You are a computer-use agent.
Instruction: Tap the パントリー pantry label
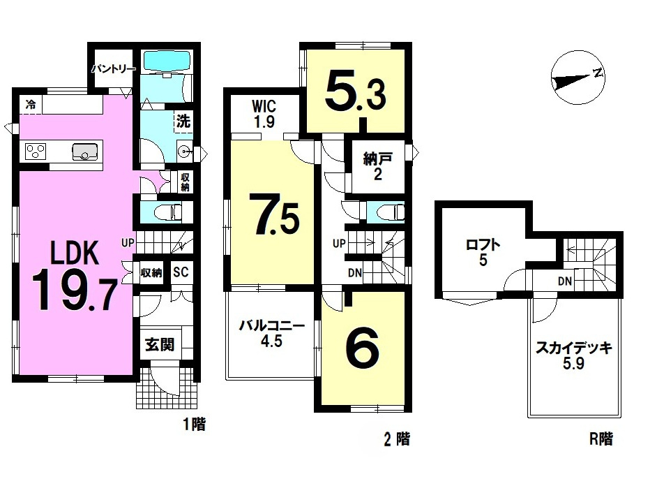point(112,68)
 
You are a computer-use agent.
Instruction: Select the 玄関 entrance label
point(160,345)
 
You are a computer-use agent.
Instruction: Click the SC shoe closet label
point(181,272)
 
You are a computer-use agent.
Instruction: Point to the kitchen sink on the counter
point(84,151)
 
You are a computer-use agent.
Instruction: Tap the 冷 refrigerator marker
point(30,105)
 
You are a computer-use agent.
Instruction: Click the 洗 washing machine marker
point(183,120)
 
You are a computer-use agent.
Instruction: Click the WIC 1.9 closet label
point(264,114)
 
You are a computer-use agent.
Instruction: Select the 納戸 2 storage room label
point(377,167)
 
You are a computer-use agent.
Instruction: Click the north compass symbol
point(577,79)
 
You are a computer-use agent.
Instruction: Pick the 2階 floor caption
point(395,439)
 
